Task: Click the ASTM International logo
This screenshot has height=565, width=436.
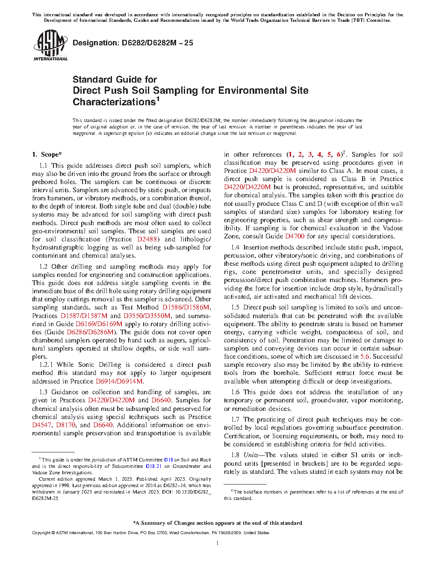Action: click(x=50, y=45)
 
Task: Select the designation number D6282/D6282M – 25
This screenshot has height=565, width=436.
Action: click(x=133, y=43)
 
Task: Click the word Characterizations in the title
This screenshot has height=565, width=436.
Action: click(x=114, y=102)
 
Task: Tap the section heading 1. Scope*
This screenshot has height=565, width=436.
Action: click(x=47, y=155)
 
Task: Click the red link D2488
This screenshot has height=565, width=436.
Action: click(x=147, y=239)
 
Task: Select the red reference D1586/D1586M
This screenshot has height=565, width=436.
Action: click(x=186, y=307)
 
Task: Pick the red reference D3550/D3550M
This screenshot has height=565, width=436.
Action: click(x=147, y=315)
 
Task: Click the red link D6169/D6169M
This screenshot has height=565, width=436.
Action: click(x=99, y=324)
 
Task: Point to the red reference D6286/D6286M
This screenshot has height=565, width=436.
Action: click(x=90, y=332)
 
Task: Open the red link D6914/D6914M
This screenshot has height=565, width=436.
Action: click(x=119, y=381)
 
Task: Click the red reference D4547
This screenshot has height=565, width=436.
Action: click(x=42, y=425)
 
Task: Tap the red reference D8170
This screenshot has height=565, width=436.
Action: click(x=65, y=425)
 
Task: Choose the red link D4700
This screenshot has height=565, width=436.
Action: click(x=295, y=236)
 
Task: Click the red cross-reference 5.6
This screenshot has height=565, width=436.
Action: click(x=365, y=357)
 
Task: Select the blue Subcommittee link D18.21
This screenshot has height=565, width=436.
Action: click(x=153, y=466)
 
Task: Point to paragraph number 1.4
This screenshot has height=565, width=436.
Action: click(x=235, y=247)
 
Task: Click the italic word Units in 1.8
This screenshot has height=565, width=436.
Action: click(x=250, y=455)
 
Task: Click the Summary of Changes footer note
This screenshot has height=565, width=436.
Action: click(x=218, y=523)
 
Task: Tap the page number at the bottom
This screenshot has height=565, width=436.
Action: click(x=218, y=543)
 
